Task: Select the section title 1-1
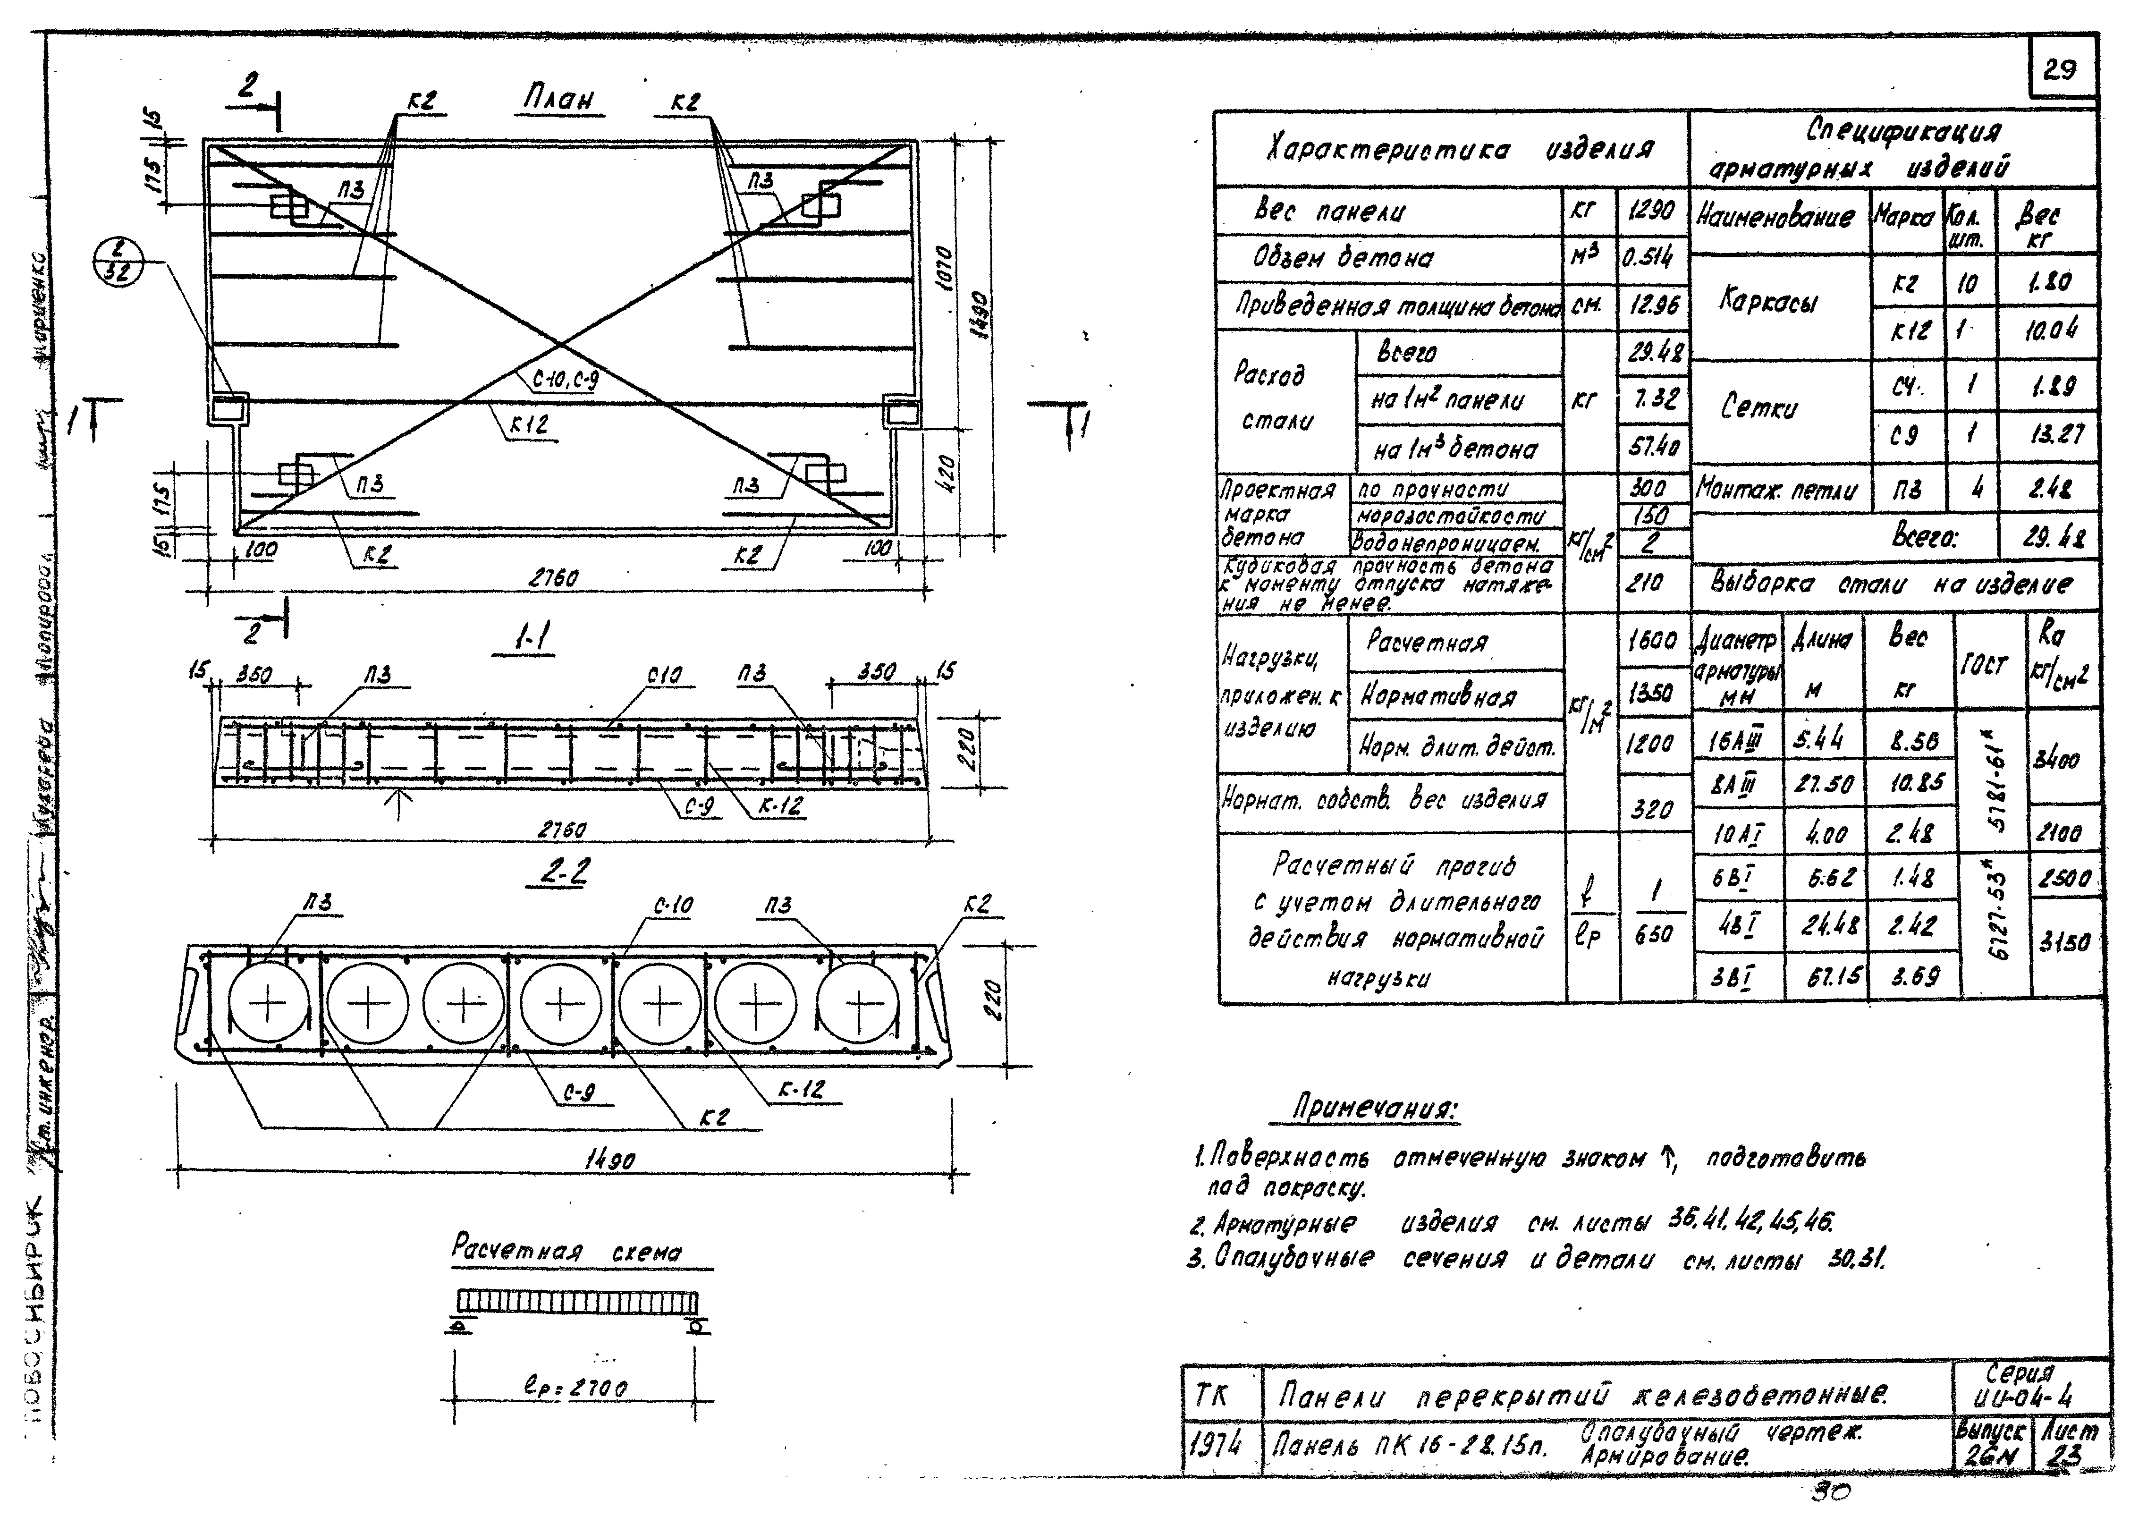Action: [534, 642]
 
